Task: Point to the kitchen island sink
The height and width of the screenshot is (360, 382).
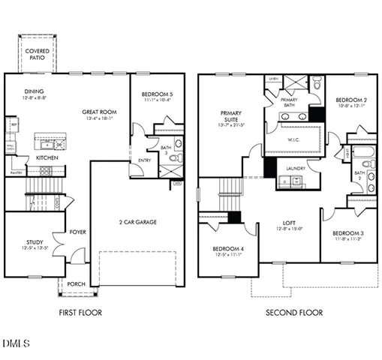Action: click(x=48, y=142)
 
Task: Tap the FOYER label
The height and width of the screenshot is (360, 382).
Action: click(x=77, y=232)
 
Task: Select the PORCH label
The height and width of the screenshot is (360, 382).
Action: click(x=76, y=284)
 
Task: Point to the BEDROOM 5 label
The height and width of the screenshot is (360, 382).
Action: click(x=158, y=94)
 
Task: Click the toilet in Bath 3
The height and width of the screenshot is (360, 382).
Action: click(x=178, y=144)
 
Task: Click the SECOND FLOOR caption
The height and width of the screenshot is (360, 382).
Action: click(x=293, y=312)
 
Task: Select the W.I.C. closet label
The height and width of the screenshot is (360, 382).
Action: click(x=294, y=139)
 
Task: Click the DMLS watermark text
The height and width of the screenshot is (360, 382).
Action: click(x=16, y=344)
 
